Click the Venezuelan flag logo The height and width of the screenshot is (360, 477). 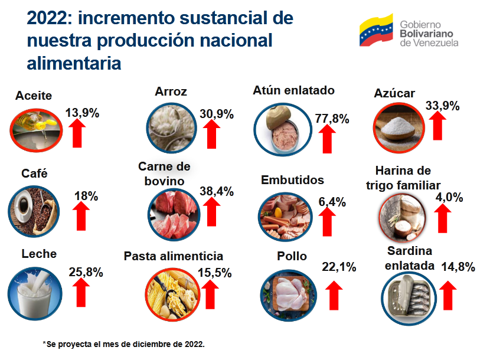tap(376, 30)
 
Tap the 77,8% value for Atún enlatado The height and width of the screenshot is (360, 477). tap(332, 118)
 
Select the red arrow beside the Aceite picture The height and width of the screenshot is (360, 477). tap(77, 133)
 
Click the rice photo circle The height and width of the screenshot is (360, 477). tap(172, 127)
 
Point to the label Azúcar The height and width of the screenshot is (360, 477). tap(394, 93)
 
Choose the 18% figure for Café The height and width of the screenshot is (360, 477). tap(86, 196)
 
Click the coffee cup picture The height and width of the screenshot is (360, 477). tap(34, 212)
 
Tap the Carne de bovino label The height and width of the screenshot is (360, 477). tap(164, 174)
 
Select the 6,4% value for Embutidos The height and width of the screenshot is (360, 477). tap(332, 202)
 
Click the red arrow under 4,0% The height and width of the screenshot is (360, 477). tap(442, 218)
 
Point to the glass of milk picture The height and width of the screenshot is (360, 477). tap(35, 294)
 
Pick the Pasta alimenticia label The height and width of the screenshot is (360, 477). tap(174, 256)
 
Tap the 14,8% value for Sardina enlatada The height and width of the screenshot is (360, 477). tap(458, 267)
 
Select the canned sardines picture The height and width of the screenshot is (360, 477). tap(409, 299)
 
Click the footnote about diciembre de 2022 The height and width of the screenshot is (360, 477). tap(124, 344)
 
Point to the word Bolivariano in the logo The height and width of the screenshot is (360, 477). tap(426, 34)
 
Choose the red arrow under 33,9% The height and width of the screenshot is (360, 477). tap(437, 126)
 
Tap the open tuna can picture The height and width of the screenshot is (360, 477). tap(283, 129)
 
